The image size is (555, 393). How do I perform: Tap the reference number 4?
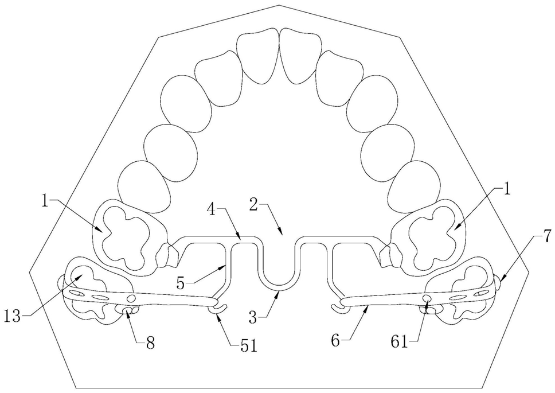click(212, 209)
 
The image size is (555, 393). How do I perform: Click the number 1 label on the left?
click(44, 201)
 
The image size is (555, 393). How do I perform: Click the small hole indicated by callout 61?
click(426, 299)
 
